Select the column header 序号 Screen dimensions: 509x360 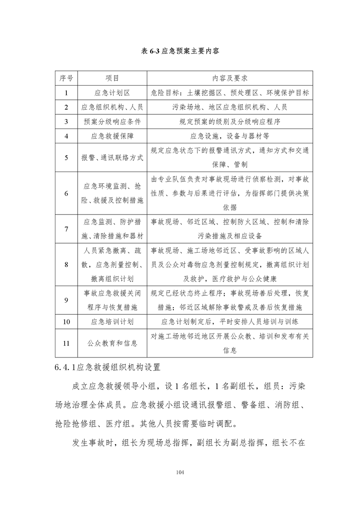click(x=66, y=78)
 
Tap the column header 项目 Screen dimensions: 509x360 click(x=112, y=78)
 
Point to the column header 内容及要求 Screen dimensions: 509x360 click(x=229, y=78)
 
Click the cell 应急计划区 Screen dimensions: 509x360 click(x=112, y=93)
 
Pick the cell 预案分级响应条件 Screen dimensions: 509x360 click(x=112, y=121)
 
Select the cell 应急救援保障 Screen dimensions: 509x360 click(x=112, y=136)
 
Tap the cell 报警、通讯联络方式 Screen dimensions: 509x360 click(x=112, y=157)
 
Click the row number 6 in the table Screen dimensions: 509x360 click(x=66, y=193)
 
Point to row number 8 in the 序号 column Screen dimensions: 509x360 click(x=66, y=264)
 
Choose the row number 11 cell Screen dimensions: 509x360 click(x=66, y=343)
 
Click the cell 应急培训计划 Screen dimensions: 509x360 click(x=112, y=322)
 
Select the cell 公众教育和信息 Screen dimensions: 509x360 click(x=112, y=343)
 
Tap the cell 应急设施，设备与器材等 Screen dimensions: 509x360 click(x=229, y=136)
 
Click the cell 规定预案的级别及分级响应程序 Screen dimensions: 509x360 click(x=229, y=121)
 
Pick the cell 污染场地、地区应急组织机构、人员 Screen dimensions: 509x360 click(x=229, y=107)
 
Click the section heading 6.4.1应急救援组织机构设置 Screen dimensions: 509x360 click(x=113, y=366)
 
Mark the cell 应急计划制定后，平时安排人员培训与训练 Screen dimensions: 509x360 click(x=229, y=322)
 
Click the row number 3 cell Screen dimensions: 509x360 click(x=66, y=121)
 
